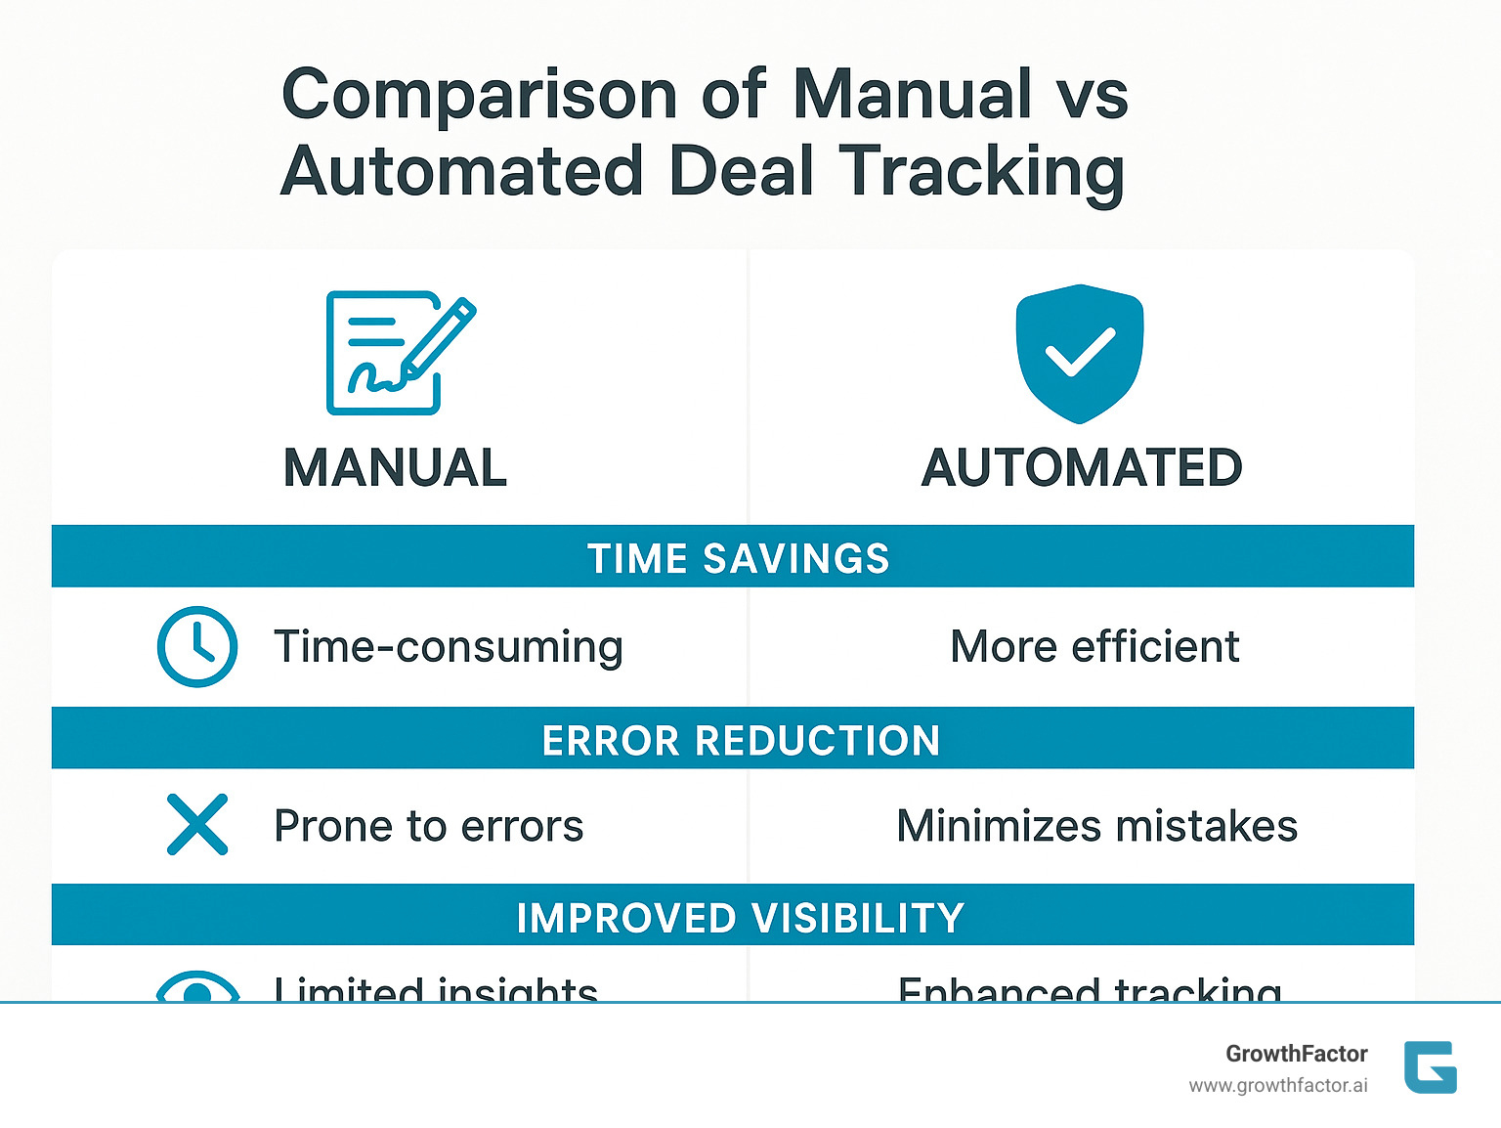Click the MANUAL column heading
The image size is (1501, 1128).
[x=395, y=467]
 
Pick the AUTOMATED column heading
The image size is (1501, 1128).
[x=1082, y=467]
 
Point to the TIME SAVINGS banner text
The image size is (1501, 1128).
[x=738, y=558]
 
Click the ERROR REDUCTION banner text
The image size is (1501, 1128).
[x=741, y=741]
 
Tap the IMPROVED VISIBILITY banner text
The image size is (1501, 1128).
[x=740, y=919]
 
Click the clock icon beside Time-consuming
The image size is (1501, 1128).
[x=197, y=647]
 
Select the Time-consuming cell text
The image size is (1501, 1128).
[x=449, y=647]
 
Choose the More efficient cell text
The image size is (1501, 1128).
[x=1094, y=647]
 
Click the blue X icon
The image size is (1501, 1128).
[x=197, y=825]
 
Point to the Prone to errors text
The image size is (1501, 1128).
[x=428, y=827]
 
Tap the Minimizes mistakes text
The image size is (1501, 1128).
[x=1096, y=827]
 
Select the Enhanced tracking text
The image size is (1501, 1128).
[x=1090, y=989]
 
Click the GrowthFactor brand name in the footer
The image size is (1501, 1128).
[x=1297, y=1054]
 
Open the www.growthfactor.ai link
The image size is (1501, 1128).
[x=1278, y=1086]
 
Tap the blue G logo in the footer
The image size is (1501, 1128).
[x=1431, y=1067]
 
